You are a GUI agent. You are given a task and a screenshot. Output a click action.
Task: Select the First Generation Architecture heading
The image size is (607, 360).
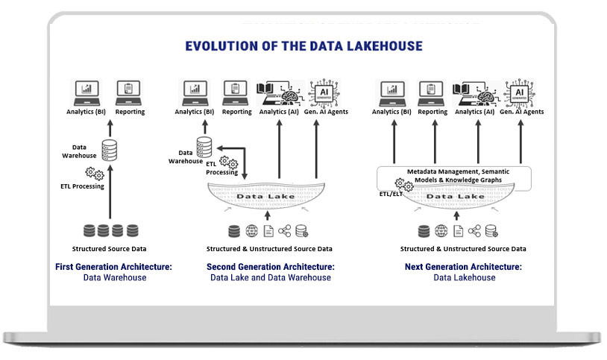point(104,266)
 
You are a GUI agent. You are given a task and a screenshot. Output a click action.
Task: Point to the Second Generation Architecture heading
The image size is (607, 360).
point(270,266)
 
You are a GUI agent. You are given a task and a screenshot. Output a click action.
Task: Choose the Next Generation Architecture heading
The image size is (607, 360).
point(463,266)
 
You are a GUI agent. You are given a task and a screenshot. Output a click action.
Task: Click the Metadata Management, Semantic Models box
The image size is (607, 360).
point(454,176)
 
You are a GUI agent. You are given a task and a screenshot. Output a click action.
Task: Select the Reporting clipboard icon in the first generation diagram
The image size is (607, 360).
point(130,92)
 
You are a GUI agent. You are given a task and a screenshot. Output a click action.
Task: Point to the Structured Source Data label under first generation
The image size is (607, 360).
point(104,248)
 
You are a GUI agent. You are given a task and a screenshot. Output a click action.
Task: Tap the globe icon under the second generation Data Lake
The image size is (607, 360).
point(251,231)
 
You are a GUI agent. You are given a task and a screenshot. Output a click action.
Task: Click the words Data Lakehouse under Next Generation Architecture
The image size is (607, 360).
point(464,277)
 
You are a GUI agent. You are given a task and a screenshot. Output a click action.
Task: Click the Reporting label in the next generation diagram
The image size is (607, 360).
point(433,112)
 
